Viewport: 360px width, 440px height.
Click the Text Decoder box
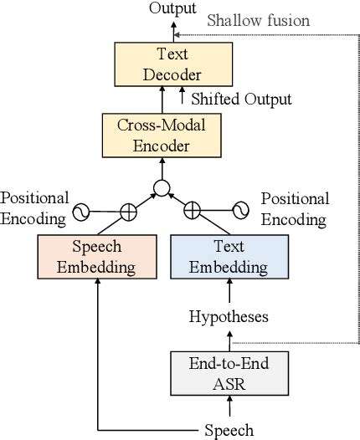tap(173, 64)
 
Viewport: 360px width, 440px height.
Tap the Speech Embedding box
tap(97, 258)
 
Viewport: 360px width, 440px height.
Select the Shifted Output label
tap(242, 100)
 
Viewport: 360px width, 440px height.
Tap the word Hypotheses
tap(229, 318)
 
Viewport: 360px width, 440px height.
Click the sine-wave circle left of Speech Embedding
tap(82, 212)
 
